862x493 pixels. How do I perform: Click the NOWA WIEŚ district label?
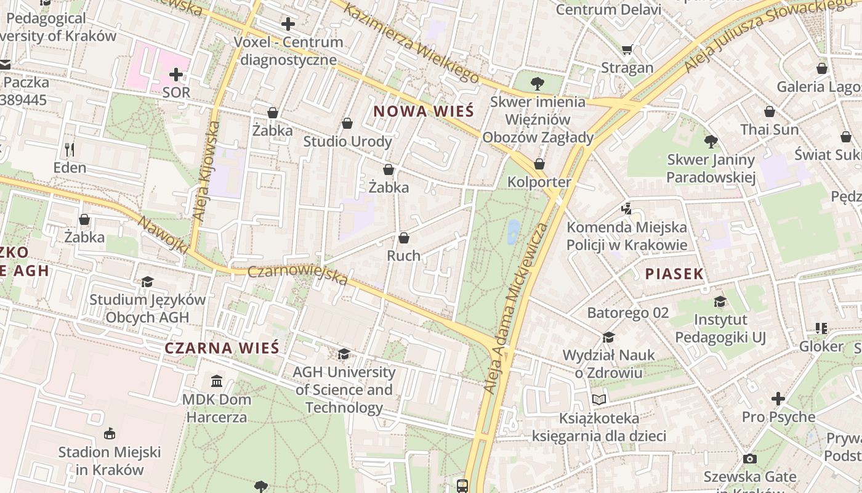click(x=424, y=112)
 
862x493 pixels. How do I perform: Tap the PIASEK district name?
click(x=674, y=274)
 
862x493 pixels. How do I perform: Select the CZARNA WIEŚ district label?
click(x=222, y=348)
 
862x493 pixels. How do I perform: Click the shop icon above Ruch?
click(x=404, y=238)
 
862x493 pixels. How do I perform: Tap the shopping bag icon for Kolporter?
click(x=539, y=164)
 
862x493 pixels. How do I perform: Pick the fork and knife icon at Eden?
click(x=70, y=149)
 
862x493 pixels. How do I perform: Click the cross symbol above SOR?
click(x=176, y=75)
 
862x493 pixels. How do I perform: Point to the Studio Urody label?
click(x=347, y=142)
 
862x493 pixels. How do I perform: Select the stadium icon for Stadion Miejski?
click(x=110, y=434)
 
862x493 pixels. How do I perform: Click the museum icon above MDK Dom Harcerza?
click(x=217, y=381)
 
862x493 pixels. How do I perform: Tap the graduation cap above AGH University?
click(x=344, y=354)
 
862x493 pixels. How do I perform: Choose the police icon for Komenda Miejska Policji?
click(x=626, y=209)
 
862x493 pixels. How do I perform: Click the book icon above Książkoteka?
click(x=599, y=399)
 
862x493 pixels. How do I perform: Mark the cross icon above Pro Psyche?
click(x=778, y=399)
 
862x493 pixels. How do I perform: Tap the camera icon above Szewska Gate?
click(x=749, y=458)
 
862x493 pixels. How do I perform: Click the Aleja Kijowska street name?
click(x=206, y=171)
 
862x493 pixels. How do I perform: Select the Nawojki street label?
click(x=163, y=235)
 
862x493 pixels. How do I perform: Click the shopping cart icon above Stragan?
click(x=627, y=50)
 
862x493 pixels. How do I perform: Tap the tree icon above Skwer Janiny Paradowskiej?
click(x=711, y=142)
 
